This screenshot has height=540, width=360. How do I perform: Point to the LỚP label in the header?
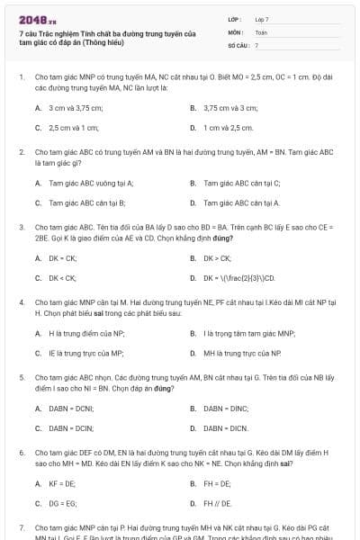click(235, 19)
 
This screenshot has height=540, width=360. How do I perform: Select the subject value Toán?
click(261, 31)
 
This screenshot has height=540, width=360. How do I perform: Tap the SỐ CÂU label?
click(238, 44)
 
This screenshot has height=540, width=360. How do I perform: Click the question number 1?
click(21, 78)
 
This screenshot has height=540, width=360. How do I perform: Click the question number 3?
click(21, 228)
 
